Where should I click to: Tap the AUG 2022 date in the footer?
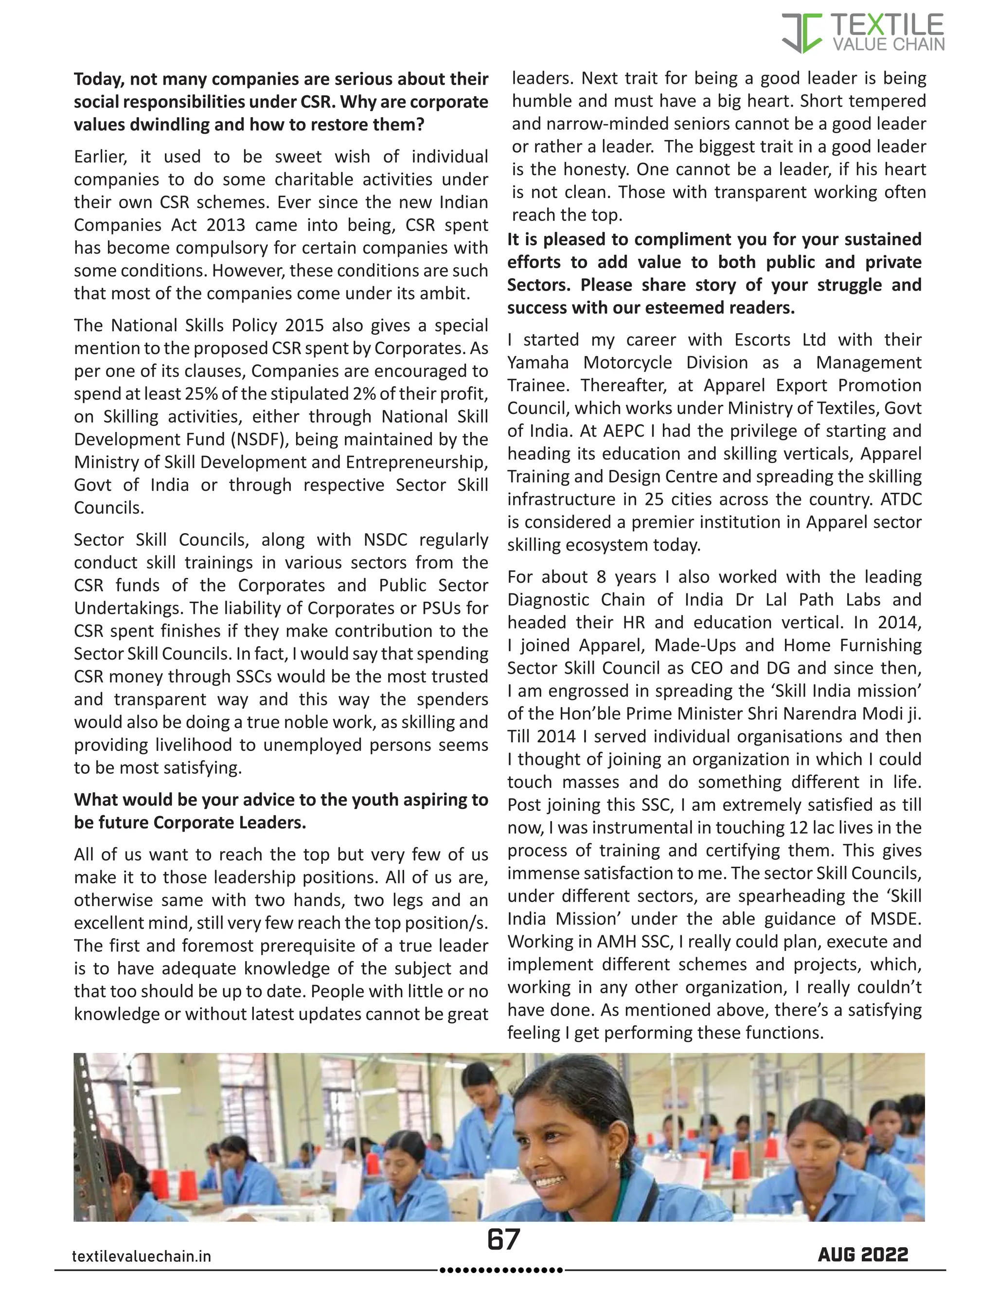click(863, 1255)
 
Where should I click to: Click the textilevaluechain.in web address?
click(141, 1256)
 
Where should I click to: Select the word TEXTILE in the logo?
click(887, 25)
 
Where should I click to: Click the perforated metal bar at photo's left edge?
click(84, 1121)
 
